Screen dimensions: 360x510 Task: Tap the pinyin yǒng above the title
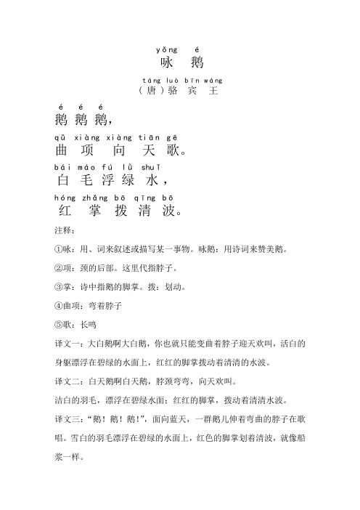click(163, 49)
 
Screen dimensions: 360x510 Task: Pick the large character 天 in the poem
click(151, 152)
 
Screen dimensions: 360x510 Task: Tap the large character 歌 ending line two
click(178, 152)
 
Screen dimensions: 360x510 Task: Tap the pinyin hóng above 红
click(63, 198)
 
